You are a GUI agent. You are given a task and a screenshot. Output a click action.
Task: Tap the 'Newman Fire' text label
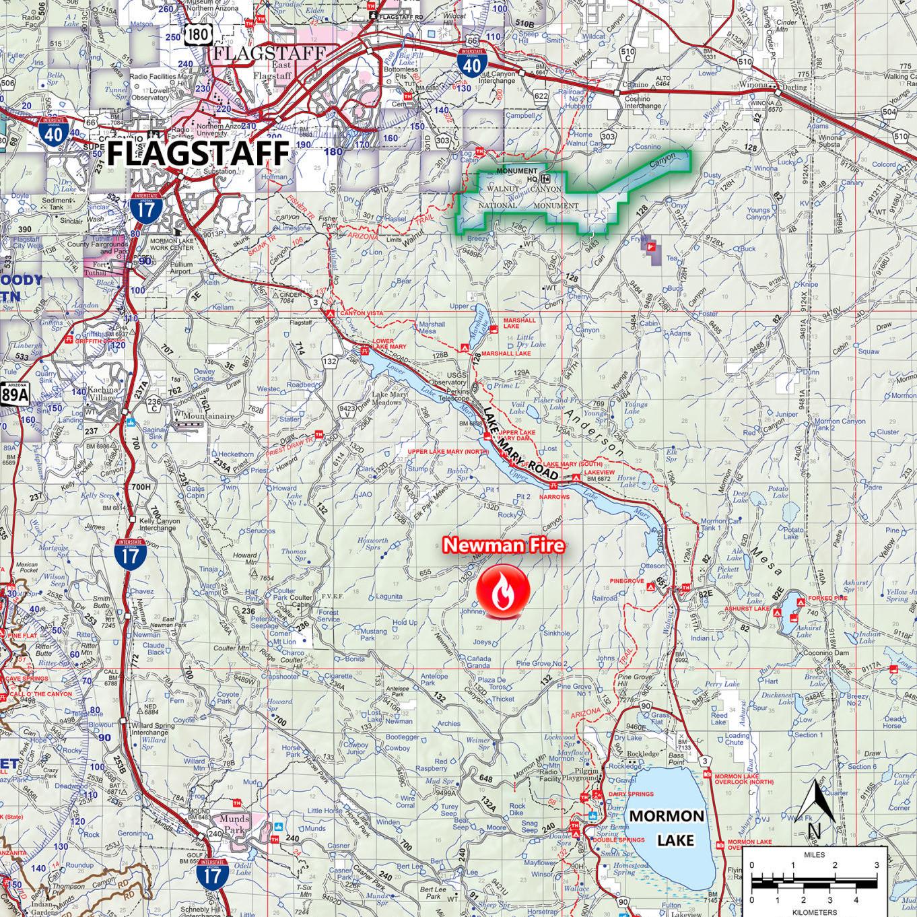click(x=503, y=545)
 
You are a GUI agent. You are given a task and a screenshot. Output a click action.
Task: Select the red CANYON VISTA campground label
click(x=361, y=314)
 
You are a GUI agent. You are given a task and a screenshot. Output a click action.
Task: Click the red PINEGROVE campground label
click(x=627, y=580)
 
